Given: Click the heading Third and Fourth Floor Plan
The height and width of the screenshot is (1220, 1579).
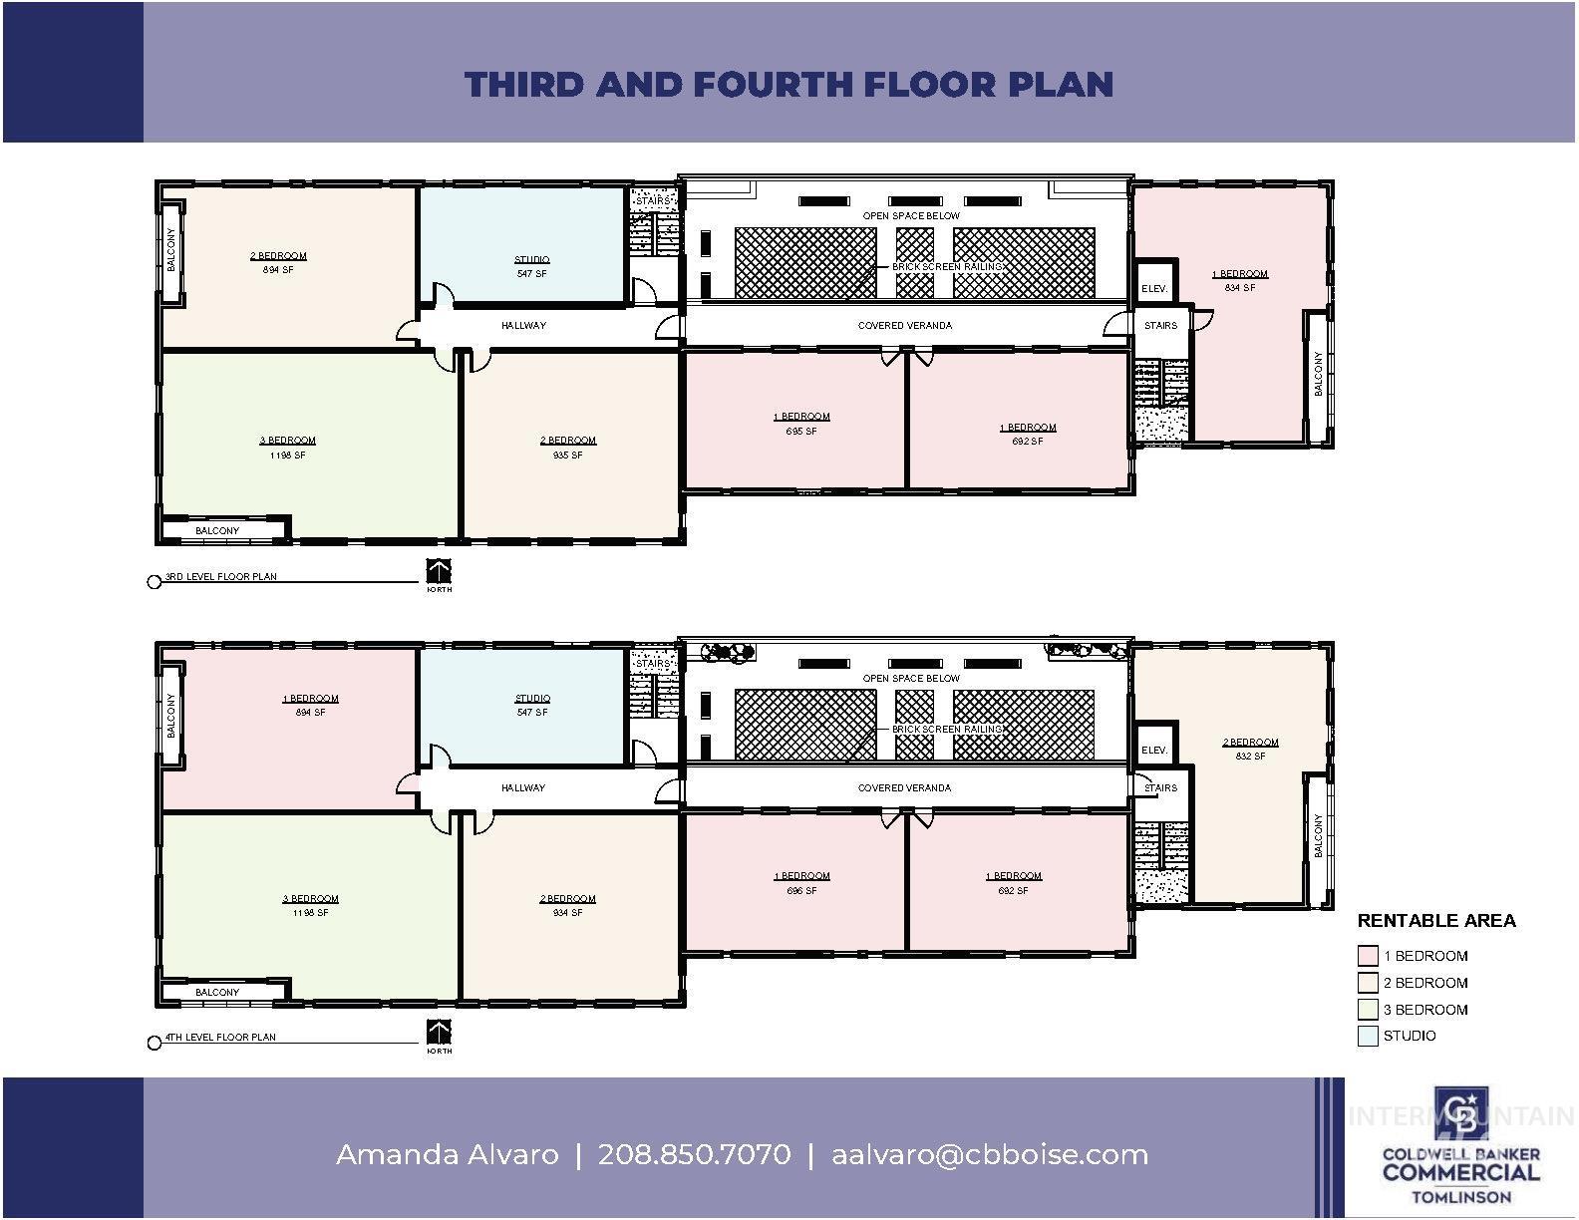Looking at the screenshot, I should [789, 84].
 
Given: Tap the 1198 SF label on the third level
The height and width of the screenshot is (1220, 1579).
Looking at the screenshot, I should [287, 455].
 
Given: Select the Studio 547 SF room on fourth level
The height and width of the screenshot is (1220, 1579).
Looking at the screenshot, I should [531, 706].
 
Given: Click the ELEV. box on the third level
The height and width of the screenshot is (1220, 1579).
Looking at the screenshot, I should [1153, 288].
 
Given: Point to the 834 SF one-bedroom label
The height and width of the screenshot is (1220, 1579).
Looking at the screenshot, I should [1239, 287].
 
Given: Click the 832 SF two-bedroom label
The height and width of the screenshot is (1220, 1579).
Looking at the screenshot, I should [1250, 756].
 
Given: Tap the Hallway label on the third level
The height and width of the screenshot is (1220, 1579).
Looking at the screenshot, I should [523, 325].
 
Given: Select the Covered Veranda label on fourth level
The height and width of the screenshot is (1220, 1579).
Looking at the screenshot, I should [904, 787].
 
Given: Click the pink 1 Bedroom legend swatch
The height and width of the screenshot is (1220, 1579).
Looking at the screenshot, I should [1367, 955].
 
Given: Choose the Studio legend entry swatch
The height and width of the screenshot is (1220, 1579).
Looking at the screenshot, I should [1367, 1036].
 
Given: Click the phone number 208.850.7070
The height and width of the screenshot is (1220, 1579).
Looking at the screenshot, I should [694, 1154].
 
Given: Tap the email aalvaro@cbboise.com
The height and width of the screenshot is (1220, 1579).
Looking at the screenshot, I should [989, 1154].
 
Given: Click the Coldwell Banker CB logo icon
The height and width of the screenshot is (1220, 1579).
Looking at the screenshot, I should [1460, 1114].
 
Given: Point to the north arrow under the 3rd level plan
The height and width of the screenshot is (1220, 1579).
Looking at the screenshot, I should [439, 572].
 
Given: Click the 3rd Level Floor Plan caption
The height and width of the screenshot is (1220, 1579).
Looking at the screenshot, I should [220, 576].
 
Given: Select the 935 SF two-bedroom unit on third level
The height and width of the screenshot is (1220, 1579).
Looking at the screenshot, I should [568, 448].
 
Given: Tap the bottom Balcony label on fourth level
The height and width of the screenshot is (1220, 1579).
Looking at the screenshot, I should [217, 992].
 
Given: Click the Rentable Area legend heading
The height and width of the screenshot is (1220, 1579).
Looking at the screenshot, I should [1435, 920].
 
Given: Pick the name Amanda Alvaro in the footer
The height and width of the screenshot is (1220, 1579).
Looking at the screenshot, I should [447, 1154].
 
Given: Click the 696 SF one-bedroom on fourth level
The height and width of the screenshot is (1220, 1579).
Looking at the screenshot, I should [801, 883].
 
